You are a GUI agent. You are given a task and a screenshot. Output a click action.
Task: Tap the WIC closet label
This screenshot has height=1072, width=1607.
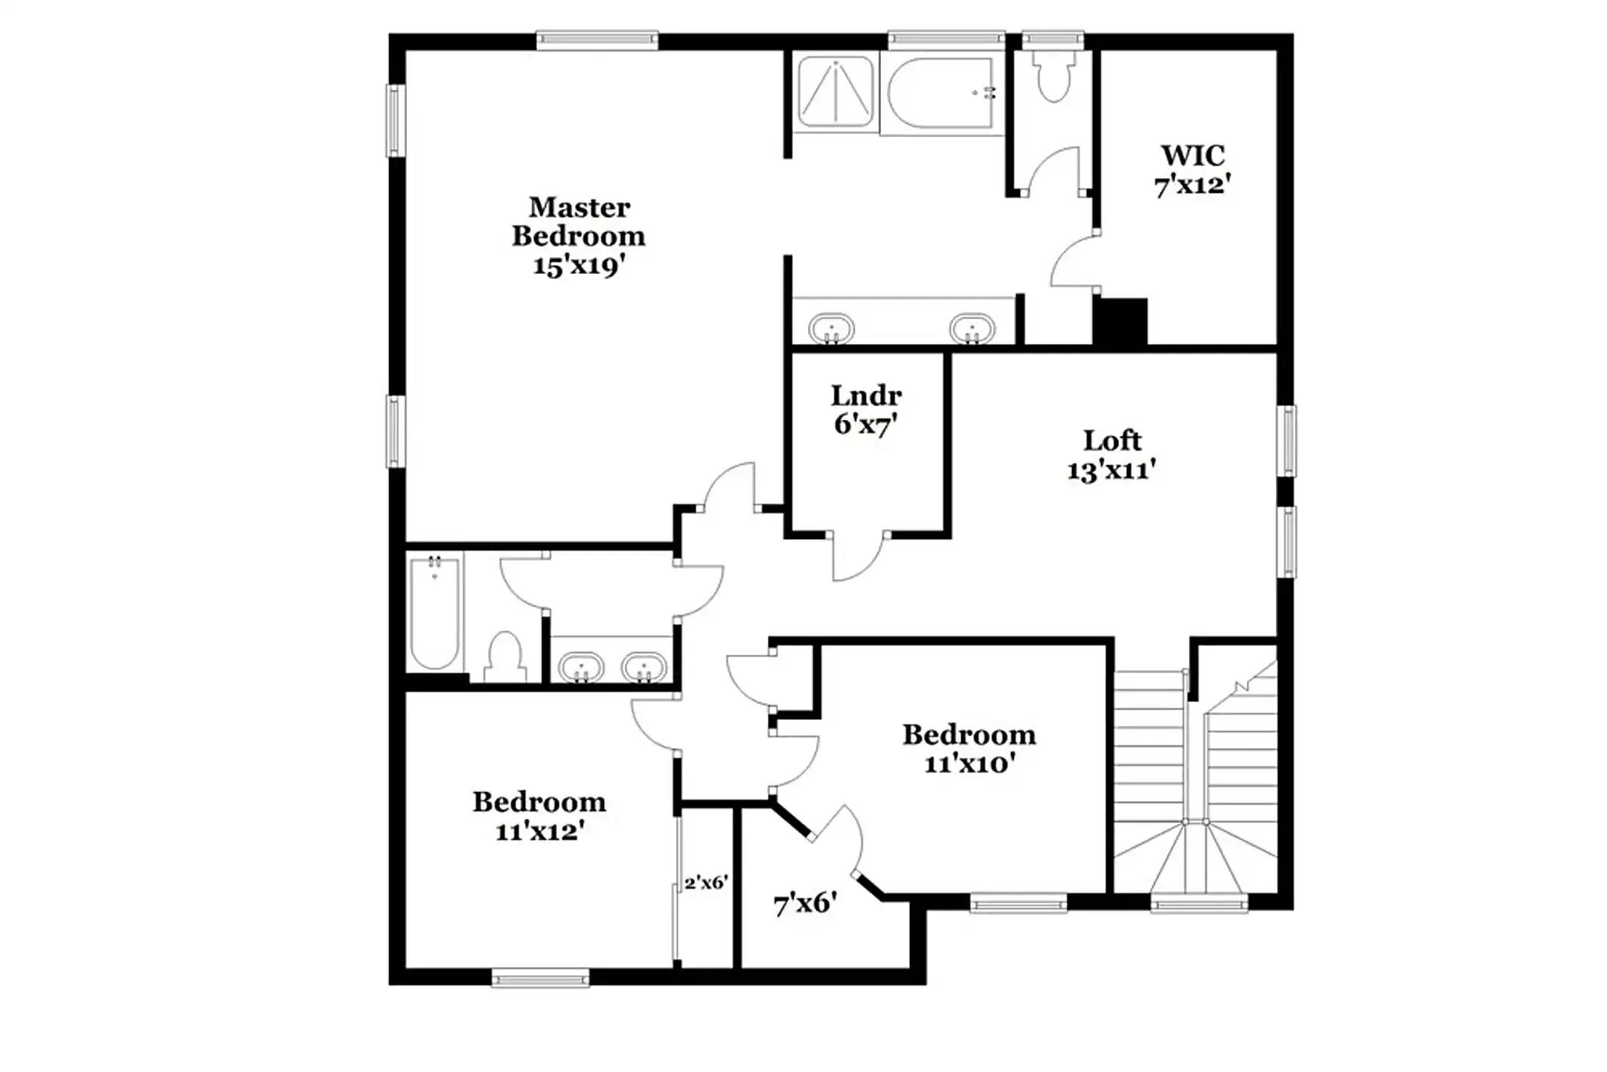(1193, 156)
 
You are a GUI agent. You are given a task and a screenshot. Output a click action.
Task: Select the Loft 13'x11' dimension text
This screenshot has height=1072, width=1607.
(1112, 470)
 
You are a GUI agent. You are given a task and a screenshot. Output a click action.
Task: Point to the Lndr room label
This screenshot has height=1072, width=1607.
(866, 395)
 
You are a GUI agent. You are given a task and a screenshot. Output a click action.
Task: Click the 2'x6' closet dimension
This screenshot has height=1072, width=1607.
(706, 883)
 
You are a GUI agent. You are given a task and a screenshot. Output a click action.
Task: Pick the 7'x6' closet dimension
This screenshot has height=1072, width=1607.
(805, 904)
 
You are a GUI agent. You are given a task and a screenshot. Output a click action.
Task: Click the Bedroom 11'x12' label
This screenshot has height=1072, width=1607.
(539, 816)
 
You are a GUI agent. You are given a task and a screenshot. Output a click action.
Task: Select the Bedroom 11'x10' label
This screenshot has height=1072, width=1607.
(969, 749)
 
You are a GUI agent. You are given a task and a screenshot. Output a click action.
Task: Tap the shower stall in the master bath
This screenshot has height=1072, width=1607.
(835, 91)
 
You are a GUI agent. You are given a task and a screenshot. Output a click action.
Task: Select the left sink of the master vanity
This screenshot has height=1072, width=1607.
(831, 328)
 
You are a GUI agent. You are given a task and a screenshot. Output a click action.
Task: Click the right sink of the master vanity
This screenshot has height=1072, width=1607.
(971, 328)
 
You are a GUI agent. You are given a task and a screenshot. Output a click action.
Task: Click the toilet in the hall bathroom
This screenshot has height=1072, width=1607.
(505, 657)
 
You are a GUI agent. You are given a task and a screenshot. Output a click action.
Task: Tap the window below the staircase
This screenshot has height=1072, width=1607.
(1199, 904)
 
